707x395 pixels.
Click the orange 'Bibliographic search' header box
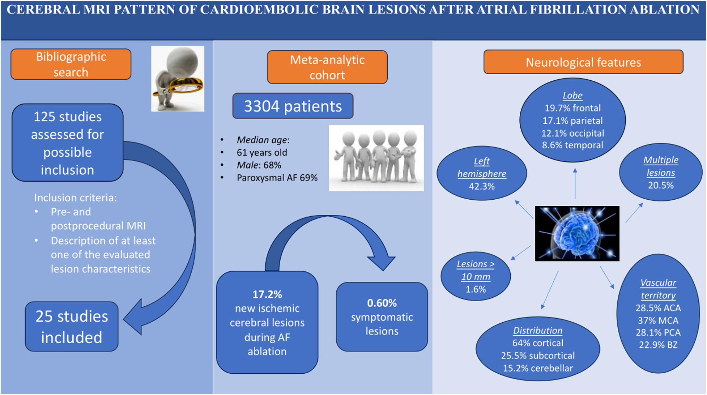pyautogui.click(x=71, y=64)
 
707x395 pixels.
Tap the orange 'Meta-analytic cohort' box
pyautogui.click(x=327, y=67)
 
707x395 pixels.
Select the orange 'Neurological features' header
pyautogui.click(x=583, y=62)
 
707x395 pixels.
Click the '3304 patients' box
pyautogui.click(x=293, y=106)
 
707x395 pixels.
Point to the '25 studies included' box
pyautogui.click(x=72, y=327)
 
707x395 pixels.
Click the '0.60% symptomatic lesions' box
pyautogui.click(x=382, y=317)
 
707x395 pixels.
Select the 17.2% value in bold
pyautogui.click(x=267, y=294)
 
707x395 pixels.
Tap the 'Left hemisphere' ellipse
pyautogui.click(x=482, y=173)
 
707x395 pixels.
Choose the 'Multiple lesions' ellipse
pyautogui.click(x=661, y=172)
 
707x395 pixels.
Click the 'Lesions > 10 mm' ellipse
pyautogui.click(x=476, y=276)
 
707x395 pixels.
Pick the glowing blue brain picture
pyautogui.click(x=577, y=234)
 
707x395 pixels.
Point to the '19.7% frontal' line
pyautogui.click(x=572, y=108)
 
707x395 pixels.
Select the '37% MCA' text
pyautogui.click(x=658, y=320)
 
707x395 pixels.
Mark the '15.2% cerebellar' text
pyautogui.click(x=538, y=368)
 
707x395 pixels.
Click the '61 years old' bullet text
pyautogui.click(x=262, y=153)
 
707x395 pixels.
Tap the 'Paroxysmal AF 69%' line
pyautogui.click(x=277, y=178)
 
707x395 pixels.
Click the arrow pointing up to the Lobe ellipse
pyautogui.click(x=575, y=184)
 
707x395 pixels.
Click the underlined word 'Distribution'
pyautogui.click(x=538, y=331)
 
